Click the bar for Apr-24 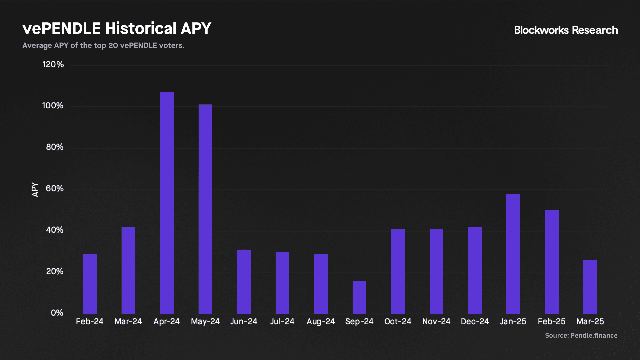pyautogui.click(x=167, y=203)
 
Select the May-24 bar pyautogui.click(x=205, y=209)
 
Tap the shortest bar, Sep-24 pyautogui.click(x=359, y=297)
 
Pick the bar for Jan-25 pyautogui.click(x=513, y=254)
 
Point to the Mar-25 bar pyautogui.click(x=590, y=287)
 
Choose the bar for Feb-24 pyautogui.click(x=90, y=284)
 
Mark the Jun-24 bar pyautogui.click(x=244, y=282)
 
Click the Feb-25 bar pyautogui.click(x=552, y=262)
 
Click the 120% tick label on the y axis pyautogui.click(x=53, y=64)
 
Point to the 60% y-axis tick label pyautogui.click(x=55, y=188)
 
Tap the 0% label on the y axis pyautogui.click(x=57, y=313)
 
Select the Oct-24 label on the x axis pyautogui.click(x=398, y=321)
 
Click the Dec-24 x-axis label pyautogui.click(x=475, y=321)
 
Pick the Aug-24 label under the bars pyautogui.click(x=321, y=322)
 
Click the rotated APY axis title pyautogui.click(x=35, y=189)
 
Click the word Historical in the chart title pyautogui.click(x=141, y=28)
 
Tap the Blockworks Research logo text pyautogui.click(x=566, y=30)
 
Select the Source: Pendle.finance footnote pyautogui.click(x=581, y=335)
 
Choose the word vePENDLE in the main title pyautogui.click(x=62, y=28)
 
